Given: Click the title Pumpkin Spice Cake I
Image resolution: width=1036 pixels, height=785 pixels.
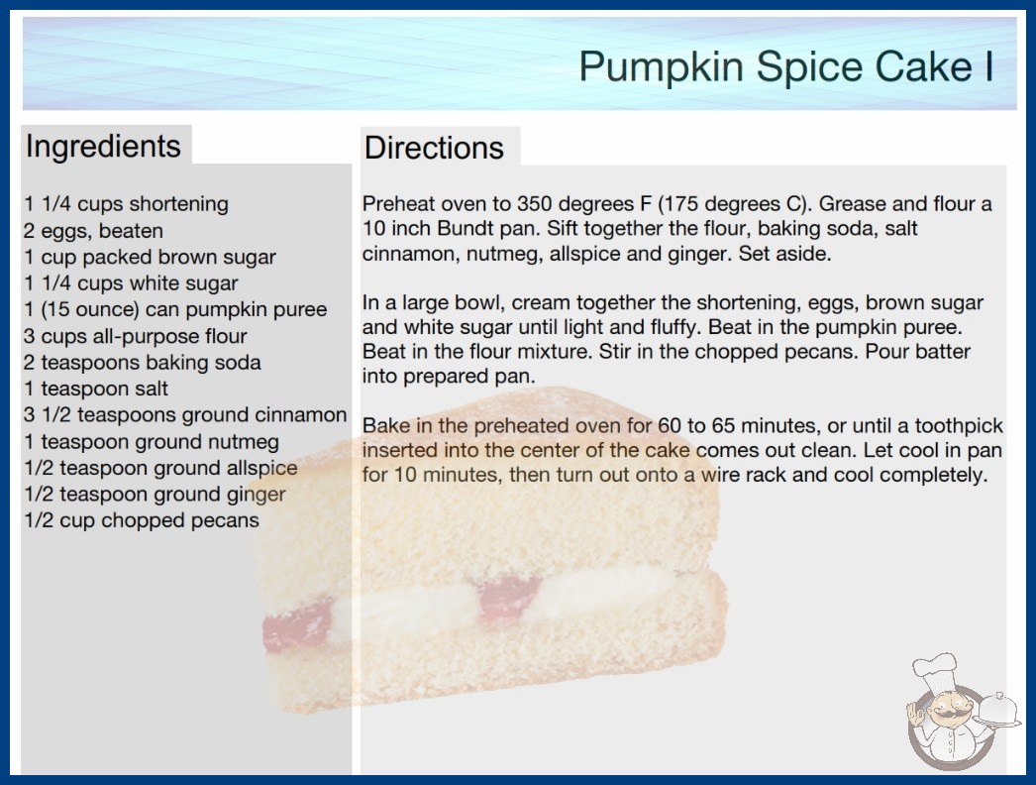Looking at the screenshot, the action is click(x=786, y=67).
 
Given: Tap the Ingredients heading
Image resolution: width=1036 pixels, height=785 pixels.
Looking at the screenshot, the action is click(x=103, y=147).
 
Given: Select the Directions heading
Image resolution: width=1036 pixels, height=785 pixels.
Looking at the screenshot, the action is click(x=434, y=148).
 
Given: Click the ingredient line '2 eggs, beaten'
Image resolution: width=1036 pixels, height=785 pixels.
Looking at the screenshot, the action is click(x=93, y=231).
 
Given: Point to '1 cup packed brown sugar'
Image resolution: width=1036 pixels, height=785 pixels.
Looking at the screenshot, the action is click(x=150, y=258).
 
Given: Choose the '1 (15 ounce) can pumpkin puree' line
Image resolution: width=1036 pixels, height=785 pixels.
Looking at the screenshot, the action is click(x=175, y=309).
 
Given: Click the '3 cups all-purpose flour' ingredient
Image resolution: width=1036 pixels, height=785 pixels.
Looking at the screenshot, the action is click(x=136, y=336).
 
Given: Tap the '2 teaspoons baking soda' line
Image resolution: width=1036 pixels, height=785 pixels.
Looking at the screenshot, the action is click(x=142, y=363).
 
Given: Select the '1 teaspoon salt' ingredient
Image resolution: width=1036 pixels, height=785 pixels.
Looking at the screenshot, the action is click(x=96, y=389).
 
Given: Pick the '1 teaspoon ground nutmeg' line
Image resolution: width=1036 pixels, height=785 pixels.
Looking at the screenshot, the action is click(x=152, y=442).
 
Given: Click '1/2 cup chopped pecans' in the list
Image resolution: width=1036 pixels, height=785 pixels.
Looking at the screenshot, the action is click(x=142, y=520).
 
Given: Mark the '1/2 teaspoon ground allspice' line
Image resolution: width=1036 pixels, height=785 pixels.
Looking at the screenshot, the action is click(x=160, y=468).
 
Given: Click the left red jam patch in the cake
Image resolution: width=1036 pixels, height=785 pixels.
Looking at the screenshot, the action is click(x=297, y=631).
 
